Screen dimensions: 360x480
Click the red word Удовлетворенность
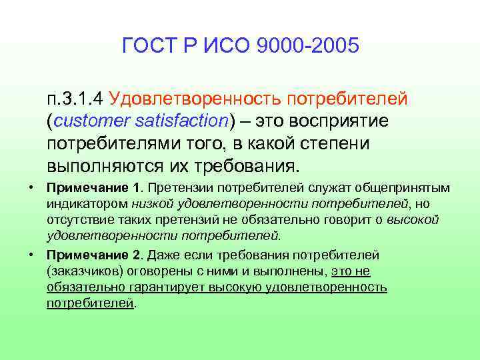point(195,100)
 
